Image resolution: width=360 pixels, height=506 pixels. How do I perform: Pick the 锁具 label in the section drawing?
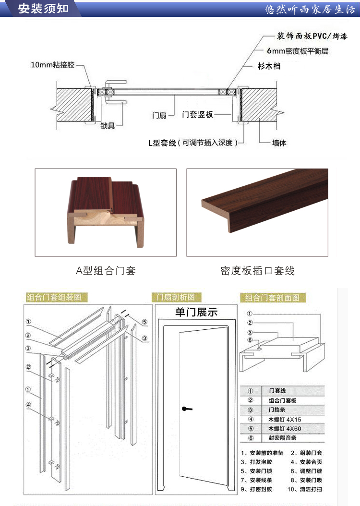(x=108, y=126)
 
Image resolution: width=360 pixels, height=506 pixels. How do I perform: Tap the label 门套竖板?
(x=198, y=115)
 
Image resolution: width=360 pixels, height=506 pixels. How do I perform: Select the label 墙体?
(x=279, y=143)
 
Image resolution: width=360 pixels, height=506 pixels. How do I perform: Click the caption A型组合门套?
(x=106, y=271)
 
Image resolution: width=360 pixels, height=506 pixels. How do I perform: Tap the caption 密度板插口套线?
(x=257, y=271)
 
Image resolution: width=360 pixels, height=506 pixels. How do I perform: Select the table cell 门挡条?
(x=275, y=410)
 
